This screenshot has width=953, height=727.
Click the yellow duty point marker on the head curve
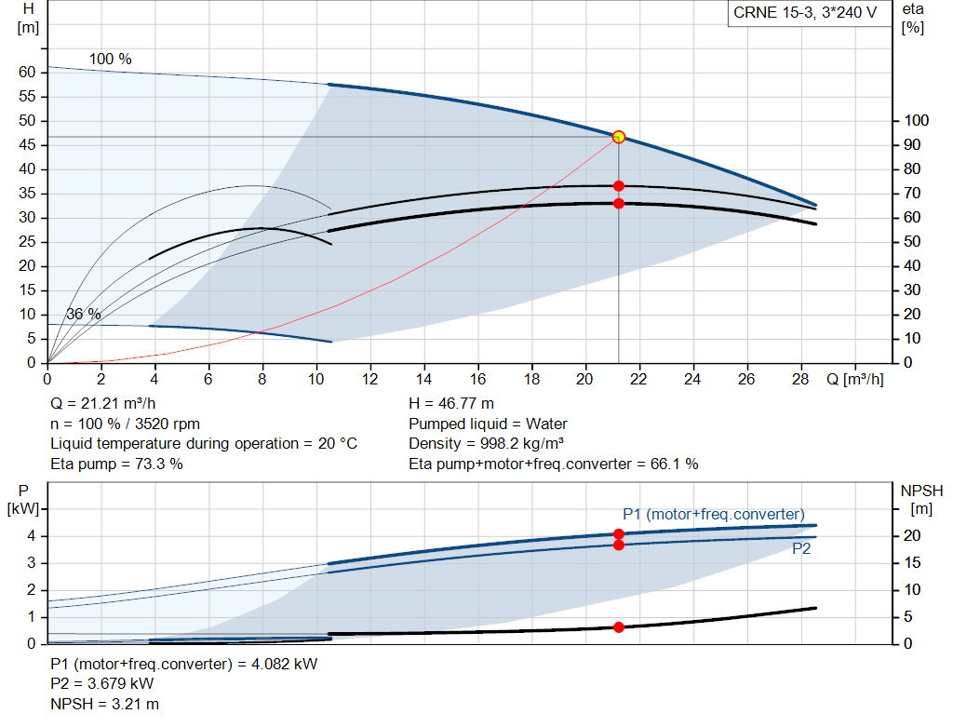click(x=618, y=137)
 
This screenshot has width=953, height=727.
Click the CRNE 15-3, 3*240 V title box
click(x=805, y=14)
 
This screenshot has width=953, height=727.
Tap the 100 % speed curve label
click(x=110, y=60)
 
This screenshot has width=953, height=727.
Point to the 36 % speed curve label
click(x=84, y=315)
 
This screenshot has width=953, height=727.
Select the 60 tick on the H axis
click(x=27, y=73)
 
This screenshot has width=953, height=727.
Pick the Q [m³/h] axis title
click(x=855, y=380)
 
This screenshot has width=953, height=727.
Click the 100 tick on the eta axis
click(x=916, y=121)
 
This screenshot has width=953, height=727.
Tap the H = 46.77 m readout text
click(x=451, y=404)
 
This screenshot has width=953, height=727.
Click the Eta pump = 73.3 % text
click(x=116, y=464)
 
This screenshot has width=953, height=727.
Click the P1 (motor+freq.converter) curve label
click(x=713, y=515)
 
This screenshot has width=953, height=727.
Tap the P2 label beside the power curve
click(x=801, y=549)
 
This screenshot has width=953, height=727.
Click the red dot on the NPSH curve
click(x=618, y=627)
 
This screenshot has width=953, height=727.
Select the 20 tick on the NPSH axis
click(x=916, y=536)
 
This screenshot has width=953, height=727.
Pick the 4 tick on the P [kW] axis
click(x=31, y=536)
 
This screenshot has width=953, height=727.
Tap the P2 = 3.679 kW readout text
click(x=101, y=684)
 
